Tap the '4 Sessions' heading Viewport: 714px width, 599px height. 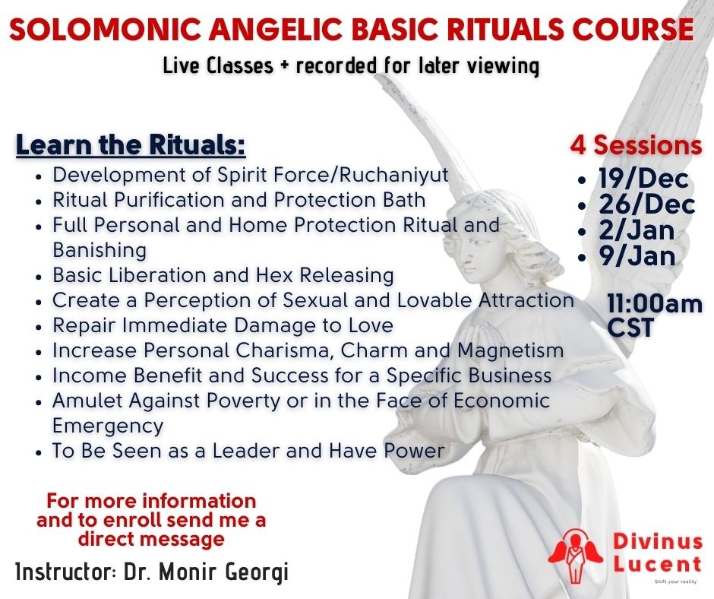click(636, 145)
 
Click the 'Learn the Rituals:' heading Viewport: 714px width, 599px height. click(131, 144)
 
